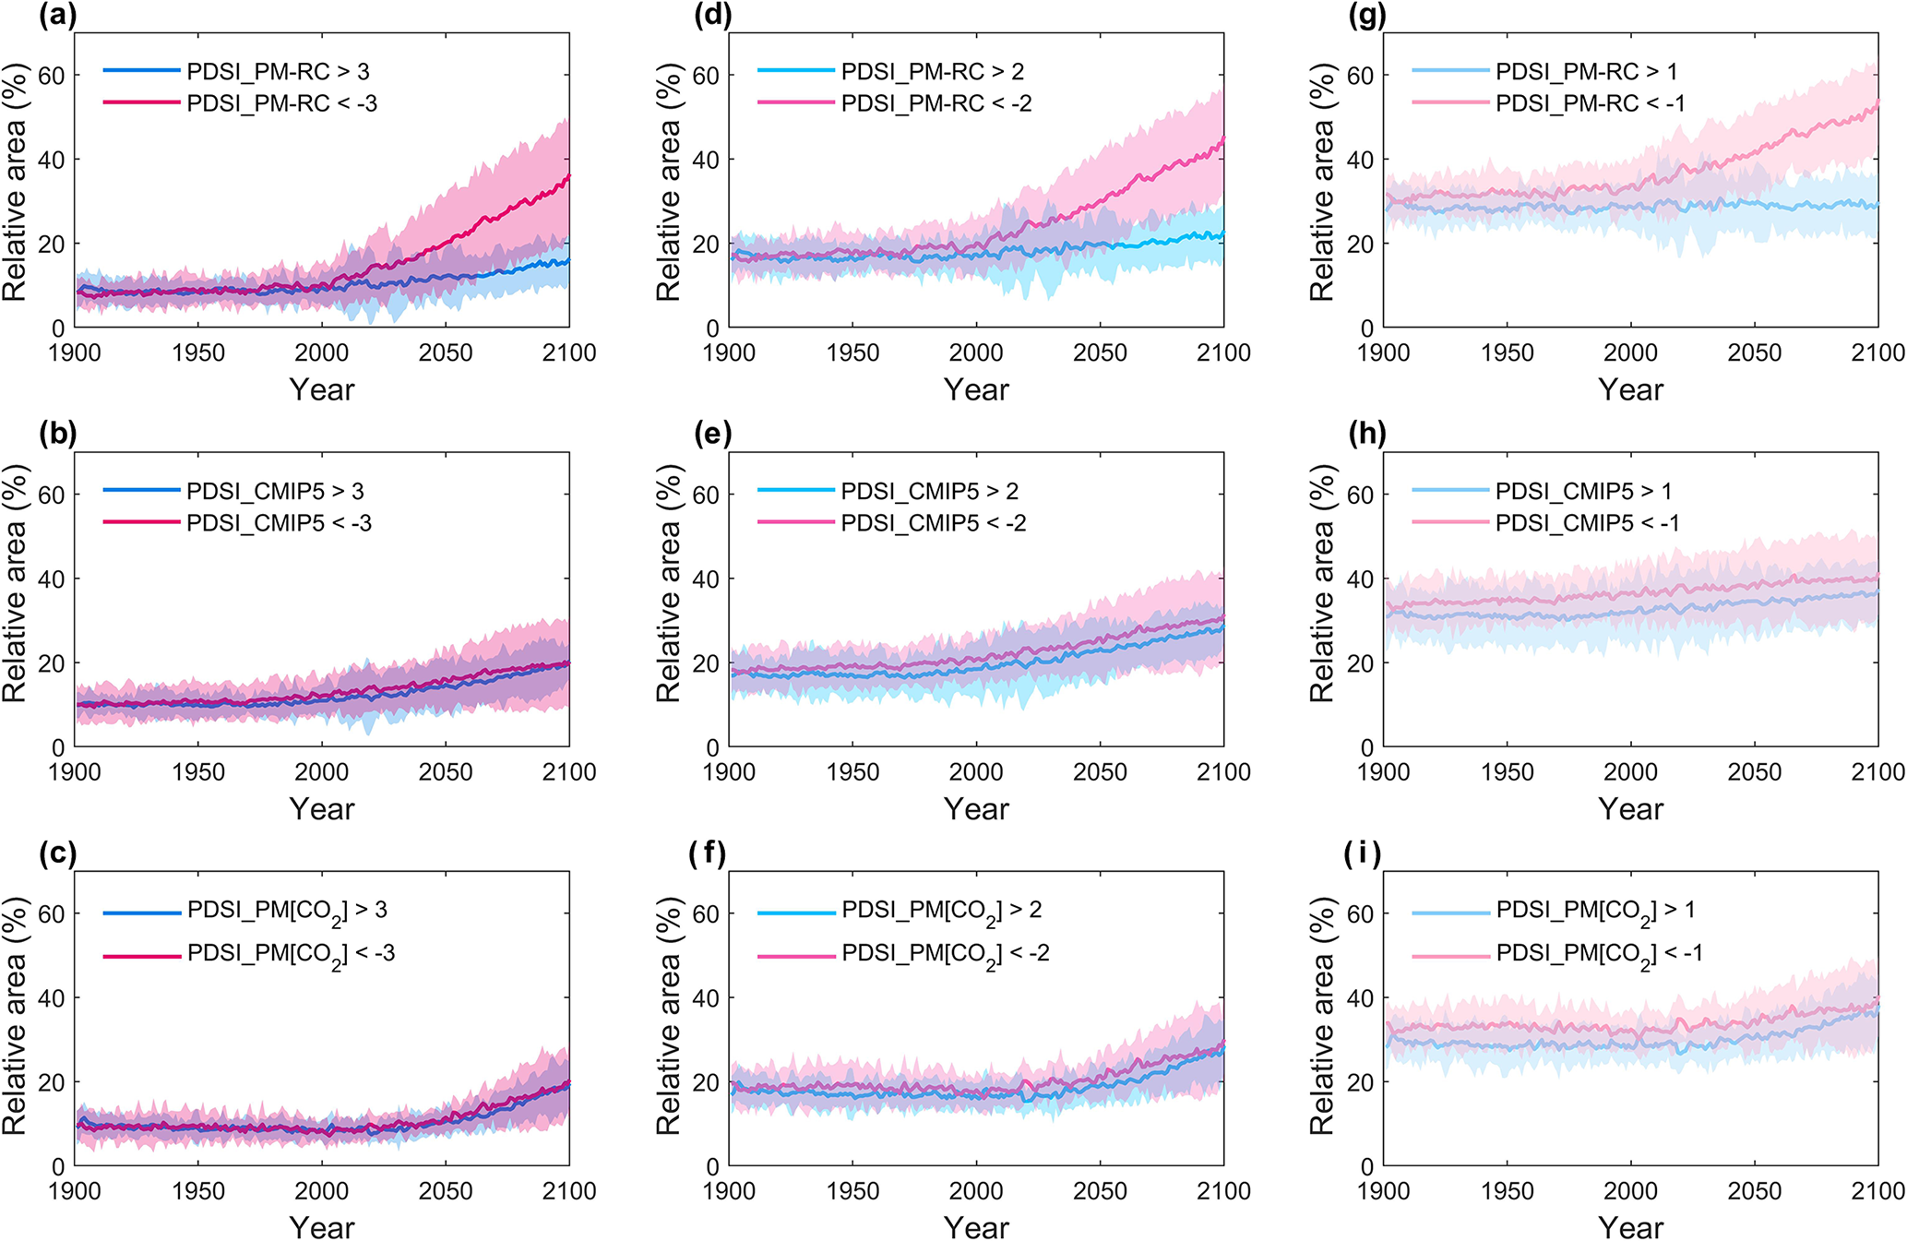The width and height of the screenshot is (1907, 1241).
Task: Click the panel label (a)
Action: click(x=57, y=16)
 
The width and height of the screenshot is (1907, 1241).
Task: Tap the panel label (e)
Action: click(x=712, y=435)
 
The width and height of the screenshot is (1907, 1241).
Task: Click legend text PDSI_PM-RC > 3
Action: click(x=278, y=72)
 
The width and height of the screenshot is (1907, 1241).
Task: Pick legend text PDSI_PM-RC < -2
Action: click(x=936, y=103)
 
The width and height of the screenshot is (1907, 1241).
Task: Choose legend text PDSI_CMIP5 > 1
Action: click(x=1583, y=491)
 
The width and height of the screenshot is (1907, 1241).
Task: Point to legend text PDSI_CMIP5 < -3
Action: click(x=279, y=523)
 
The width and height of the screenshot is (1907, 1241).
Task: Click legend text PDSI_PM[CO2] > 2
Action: click(x=941, y=912)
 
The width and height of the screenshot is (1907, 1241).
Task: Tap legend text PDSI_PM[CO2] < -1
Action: click(x=1599, y=954)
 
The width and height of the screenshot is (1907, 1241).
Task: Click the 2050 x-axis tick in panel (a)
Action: click(x=446, y=353)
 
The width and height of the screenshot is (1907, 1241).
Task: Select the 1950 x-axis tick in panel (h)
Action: click(x=1508, y=772)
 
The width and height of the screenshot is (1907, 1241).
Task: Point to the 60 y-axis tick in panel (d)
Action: click(x=706, y=75)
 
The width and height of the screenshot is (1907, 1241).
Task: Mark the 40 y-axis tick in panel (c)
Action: click(x=52, y=998)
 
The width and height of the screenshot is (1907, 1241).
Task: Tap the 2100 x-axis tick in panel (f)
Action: click(x=1223, y=1191)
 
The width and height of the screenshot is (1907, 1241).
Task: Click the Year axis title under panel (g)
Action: click(x=1630, y=389)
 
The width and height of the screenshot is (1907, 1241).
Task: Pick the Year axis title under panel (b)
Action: click(x=321, y=809)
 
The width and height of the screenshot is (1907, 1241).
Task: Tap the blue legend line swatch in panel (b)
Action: click(x=141, y=491)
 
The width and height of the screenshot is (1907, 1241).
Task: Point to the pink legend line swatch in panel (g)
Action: click(x=1450, y=103)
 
